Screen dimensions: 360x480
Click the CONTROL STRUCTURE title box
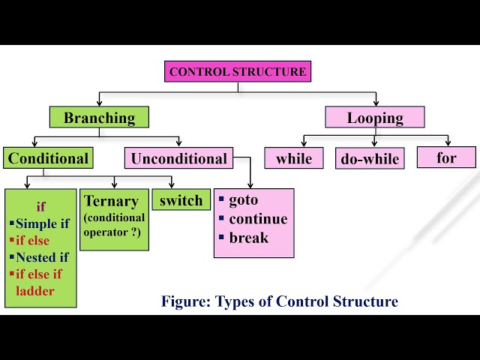coord(238,72)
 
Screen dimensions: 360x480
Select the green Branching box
coord(99,118)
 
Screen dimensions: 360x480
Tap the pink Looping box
coord(375,118)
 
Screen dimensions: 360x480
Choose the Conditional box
coord(48,158)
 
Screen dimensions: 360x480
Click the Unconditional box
coord(178,158)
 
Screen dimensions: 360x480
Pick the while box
coord(294,158)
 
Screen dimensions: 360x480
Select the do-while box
coord(370,158)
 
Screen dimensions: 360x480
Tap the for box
coord(446,157)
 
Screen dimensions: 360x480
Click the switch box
coord(181,200)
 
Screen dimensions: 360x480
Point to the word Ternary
coord(112,201)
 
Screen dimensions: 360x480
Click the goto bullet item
coord(243,200)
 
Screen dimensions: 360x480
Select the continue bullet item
coord(257,219)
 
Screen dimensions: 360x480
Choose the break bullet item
coord(248,238)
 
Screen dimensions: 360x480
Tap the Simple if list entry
coord(41,223)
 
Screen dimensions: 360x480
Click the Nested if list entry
coord(42,257)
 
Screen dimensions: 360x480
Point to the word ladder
coord(35,290)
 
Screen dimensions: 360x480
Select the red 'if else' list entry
coord(32,241)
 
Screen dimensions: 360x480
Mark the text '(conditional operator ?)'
coord(114,226)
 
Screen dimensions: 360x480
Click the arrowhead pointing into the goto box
coord(250,185)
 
